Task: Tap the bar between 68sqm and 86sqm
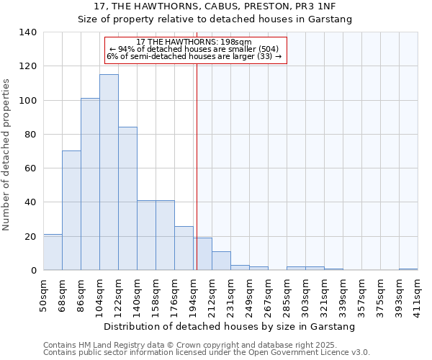pos(71,210)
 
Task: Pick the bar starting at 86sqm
pos(90,184)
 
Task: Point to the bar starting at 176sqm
pos(184,248)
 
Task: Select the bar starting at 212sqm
pos(221,261)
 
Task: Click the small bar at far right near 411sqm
pos(408,269)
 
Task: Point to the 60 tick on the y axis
pos(30,168)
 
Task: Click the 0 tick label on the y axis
pos(33,271)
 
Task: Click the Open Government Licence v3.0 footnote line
pos(206,353)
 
